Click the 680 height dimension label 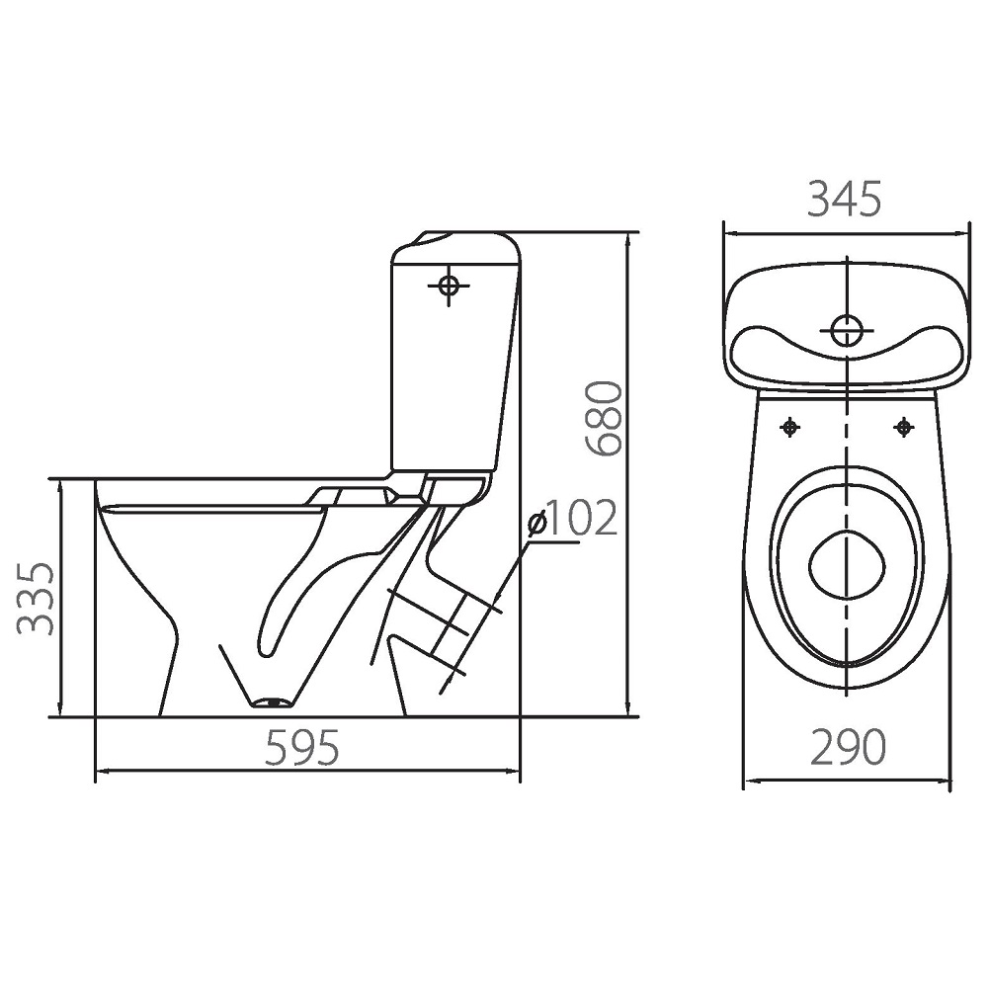[x=604, y=418]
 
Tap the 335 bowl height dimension [x=36, y=598]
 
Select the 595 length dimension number [x=302, y=748]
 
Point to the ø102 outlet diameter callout [x=572, y=519]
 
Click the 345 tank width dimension [x=845, y=200]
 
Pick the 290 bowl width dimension [x=848, y=747]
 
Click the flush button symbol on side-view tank [x=449, y=286]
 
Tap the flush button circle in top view [x=848, y=330]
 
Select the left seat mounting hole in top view [x=790, y=429]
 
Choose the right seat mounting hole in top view [x=904, y=428]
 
